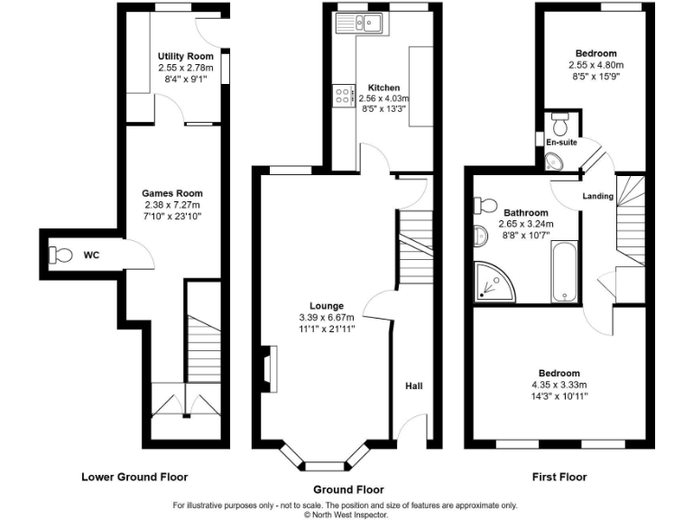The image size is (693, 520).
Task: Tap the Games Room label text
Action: (172, 193)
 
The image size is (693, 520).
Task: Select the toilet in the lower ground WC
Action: (61, 255)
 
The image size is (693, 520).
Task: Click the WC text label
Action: (91, 255)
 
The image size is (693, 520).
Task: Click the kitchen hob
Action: (343, 94)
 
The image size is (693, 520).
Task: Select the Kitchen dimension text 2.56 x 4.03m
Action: (383, 98)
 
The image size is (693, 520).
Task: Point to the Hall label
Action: (413, 385)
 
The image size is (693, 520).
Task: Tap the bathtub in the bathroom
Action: (564, 271)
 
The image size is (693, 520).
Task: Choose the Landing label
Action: (597, 196)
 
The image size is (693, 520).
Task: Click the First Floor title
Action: (559, 477)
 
